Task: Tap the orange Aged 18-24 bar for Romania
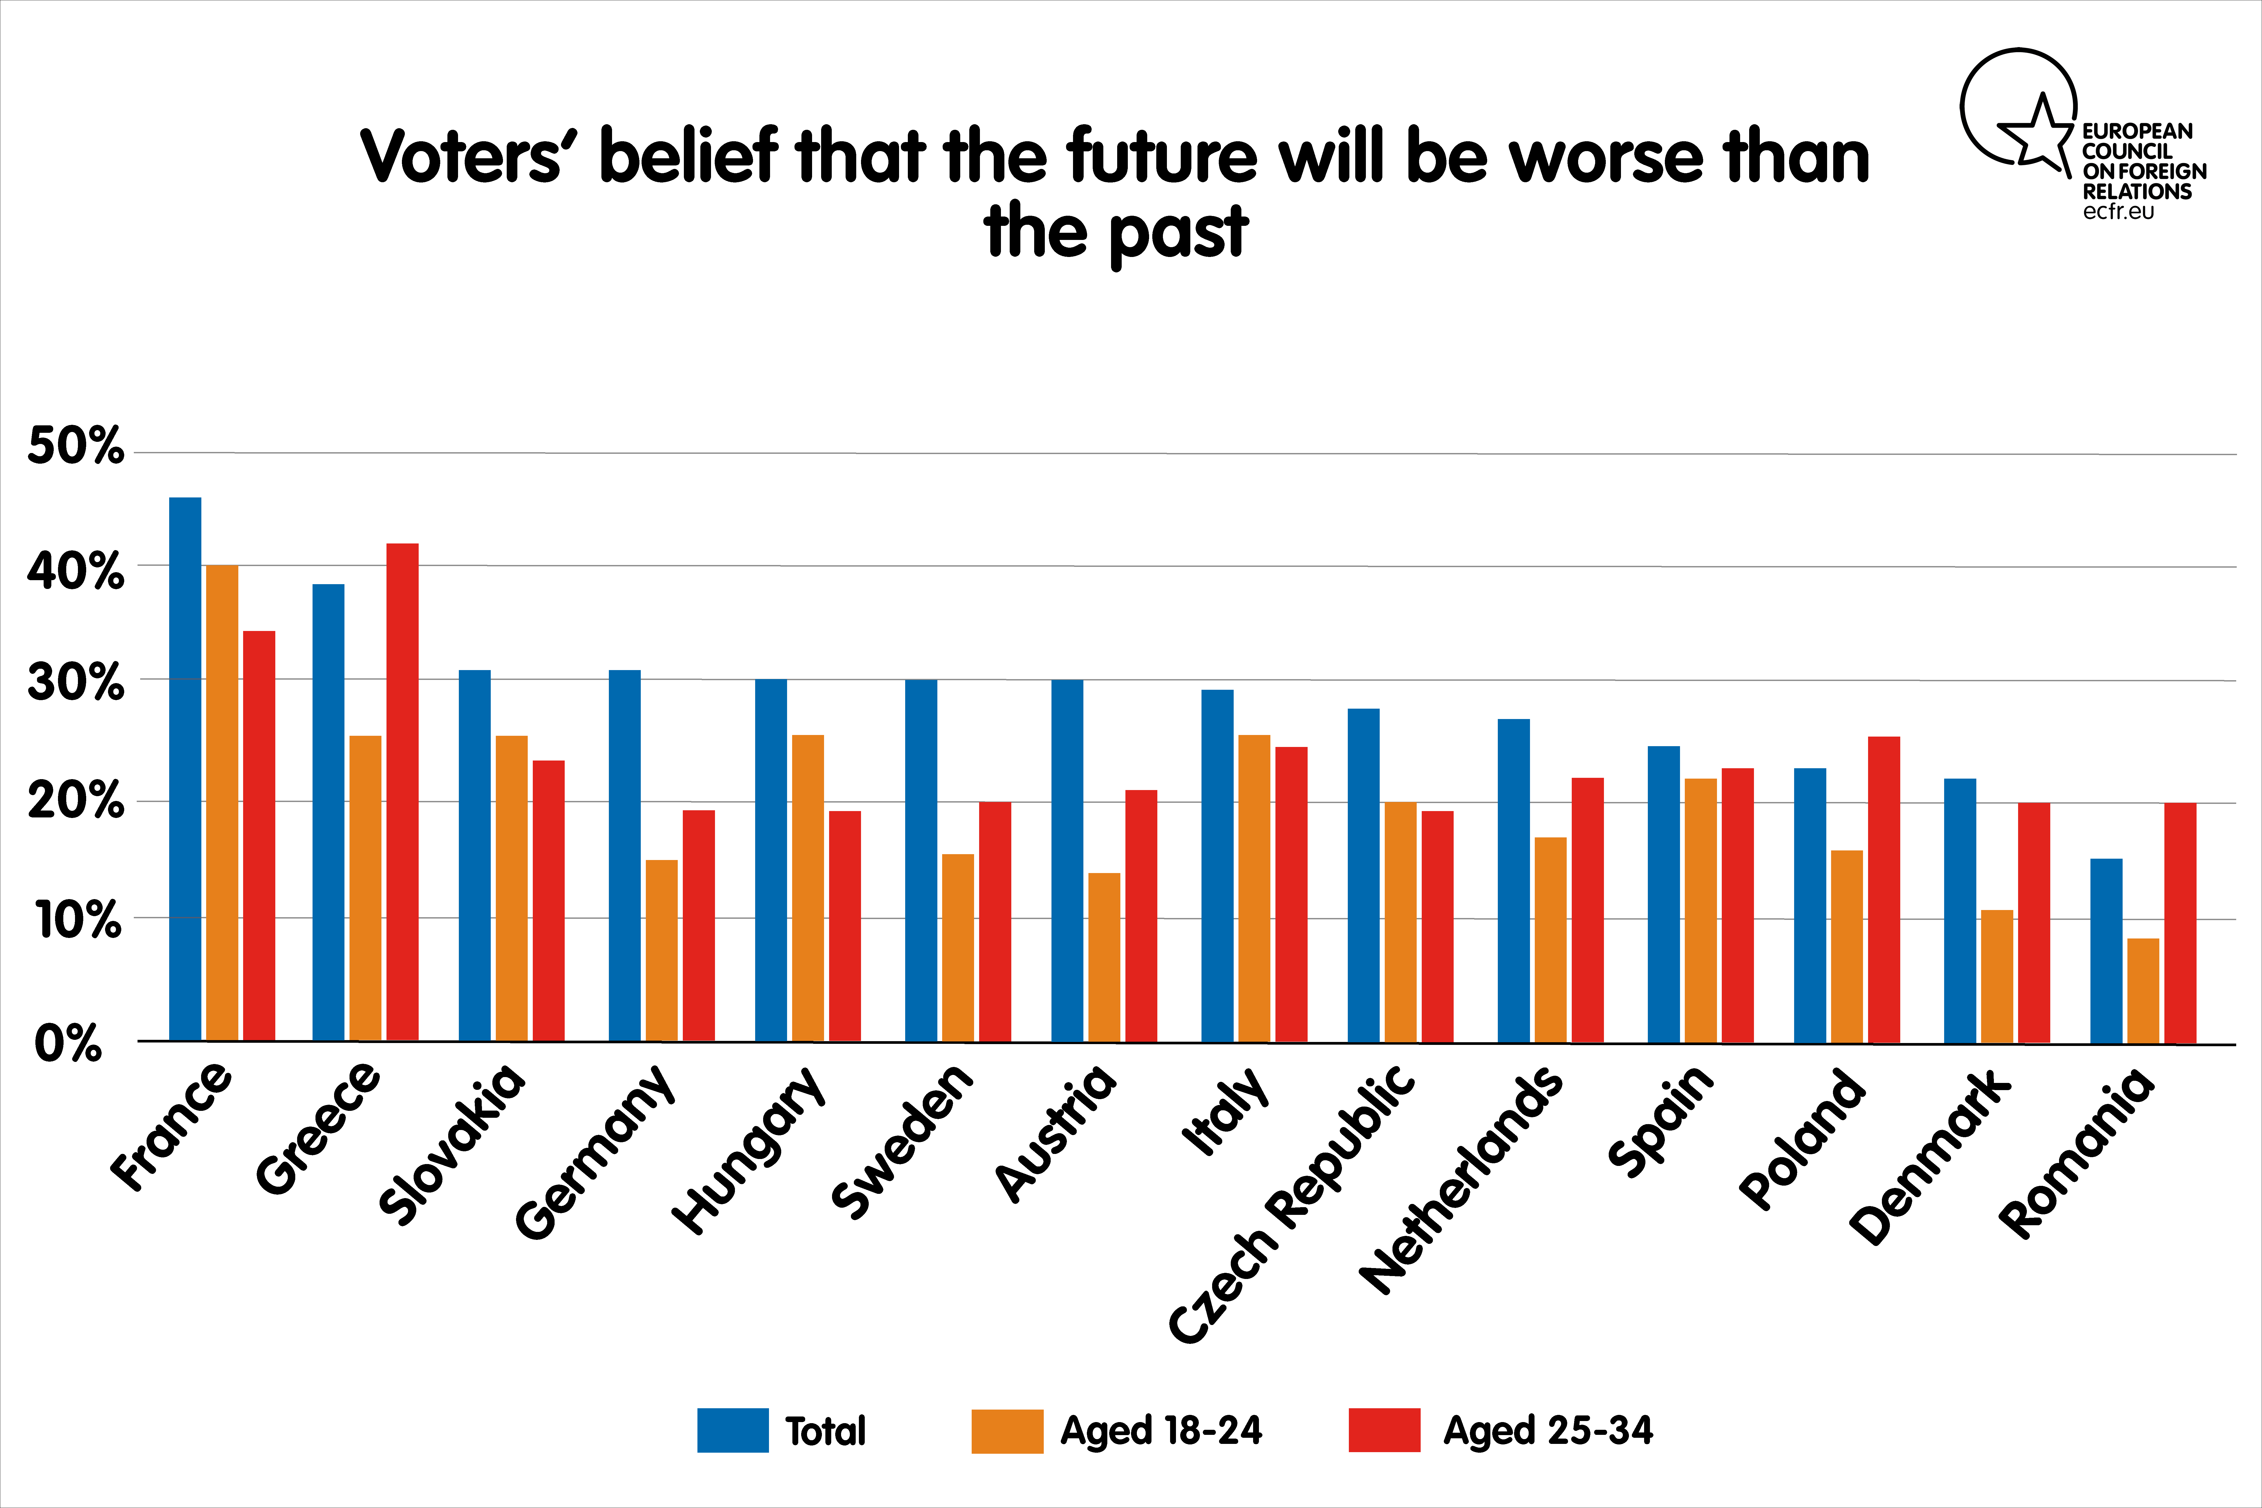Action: tap(2143, 991)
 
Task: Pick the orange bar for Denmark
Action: tap(1997, 976)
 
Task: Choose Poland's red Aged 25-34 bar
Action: tap(1884, 890)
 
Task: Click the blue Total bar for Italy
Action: tap(1217, 866)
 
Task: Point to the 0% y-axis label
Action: tap(67, 1044)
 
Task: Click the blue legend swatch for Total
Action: tap(733, 1430)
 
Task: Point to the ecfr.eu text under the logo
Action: tap(2119, 211)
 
